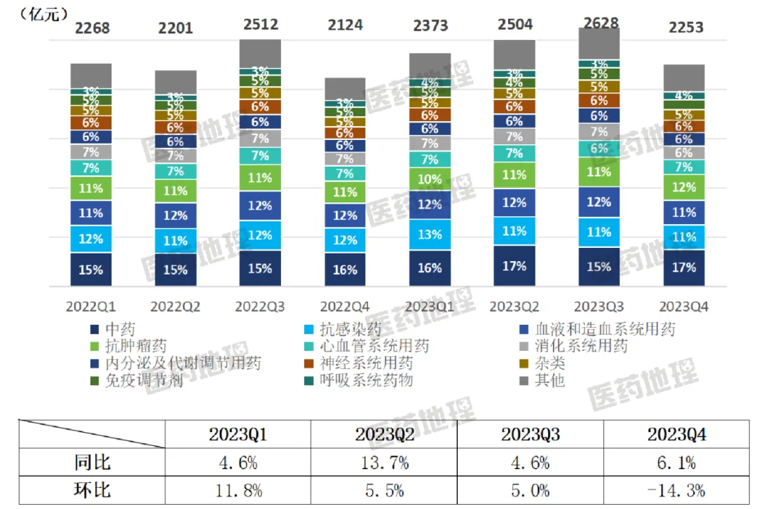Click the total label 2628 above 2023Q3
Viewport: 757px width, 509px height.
pos(601,23)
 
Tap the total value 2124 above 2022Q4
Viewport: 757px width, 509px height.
pos(345,25)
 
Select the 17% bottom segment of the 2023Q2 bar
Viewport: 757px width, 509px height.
pos(514,266)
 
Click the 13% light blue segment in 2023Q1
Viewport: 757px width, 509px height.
pos(430,235)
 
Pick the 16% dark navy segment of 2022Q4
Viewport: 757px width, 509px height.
pos(345,270)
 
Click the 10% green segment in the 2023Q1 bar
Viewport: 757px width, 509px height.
pos(430,179)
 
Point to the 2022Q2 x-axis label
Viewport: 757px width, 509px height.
pos(175,307)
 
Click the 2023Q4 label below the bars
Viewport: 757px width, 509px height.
pos(685,307)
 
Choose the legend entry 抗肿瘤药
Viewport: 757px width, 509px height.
pos(127,346)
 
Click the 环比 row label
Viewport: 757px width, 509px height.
pos(92,489)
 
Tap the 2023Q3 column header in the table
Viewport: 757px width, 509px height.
pos(530,435)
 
